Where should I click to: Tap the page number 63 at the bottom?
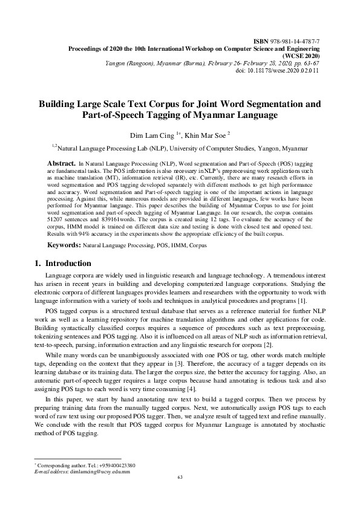pos(180,494)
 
